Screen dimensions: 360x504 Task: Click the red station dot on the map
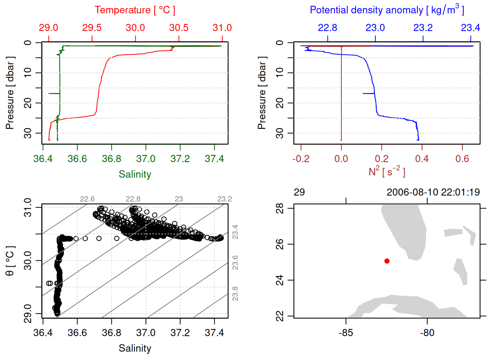[387, 261]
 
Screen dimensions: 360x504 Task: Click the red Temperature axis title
[135, 10]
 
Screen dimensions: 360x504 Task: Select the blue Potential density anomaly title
[387, 10]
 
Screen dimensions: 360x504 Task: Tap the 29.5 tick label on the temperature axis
[92, 28]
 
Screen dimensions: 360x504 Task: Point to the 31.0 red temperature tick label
[222, 28]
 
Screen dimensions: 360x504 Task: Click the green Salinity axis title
[135, 174]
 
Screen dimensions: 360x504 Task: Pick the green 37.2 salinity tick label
[180, 159]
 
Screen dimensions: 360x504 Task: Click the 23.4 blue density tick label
[470, 28]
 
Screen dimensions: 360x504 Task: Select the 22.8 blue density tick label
[327, 28]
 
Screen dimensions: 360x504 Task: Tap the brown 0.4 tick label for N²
[422, 159]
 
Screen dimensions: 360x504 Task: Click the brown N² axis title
[387, 172]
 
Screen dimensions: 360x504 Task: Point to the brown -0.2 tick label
[301, 159]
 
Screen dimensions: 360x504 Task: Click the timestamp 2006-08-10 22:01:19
[433, 192]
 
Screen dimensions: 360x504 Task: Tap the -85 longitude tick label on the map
[345, 333]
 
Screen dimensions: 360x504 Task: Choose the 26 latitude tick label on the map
[280, 244]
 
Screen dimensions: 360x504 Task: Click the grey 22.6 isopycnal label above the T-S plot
[87, 199]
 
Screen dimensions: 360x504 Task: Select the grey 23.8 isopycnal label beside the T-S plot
[235, 294]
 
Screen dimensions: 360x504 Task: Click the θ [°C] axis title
[10, 261]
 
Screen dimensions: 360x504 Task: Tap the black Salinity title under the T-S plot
[135, 348]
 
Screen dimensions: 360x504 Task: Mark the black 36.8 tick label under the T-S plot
[111, 333]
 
